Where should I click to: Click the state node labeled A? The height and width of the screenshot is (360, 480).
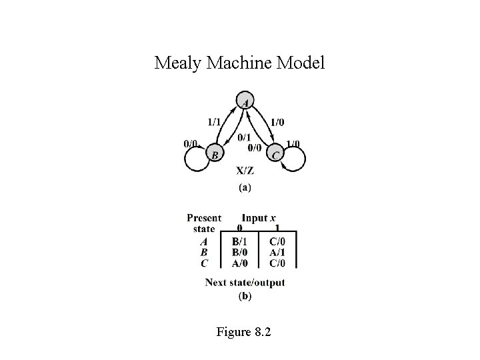pyautogui.click(x=245, y=103)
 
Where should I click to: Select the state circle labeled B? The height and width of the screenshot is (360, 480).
pyautogui.click(x=215, y=155)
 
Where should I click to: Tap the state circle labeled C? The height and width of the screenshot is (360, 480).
pyautogui.click(x=275, y=155)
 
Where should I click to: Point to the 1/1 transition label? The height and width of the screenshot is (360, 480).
pyautogui.click(x=215, y=122)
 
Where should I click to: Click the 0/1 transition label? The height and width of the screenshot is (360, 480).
pyautogui.click(x=244, y=138)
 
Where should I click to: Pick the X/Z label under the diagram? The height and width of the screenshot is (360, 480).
pyautogui.click(x=245, y=171)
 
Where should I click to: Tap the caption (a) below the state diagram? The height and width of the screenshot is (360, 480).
pyautogui.click(x=245, y=188)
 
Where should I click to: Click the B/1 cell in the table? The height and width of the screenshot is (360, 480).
pyautogui.click(x=241, y=241)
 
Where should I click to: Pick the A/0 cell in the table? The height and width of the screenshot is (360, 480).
pyautogui.click(x=241, y=263)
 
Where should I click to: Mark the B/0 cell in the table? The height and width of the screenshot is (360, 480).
pyautogui.click(x=241, y=253)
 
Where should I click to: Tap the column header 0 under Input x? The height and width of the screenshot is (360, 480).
pyautogui.click(x=239, y=229)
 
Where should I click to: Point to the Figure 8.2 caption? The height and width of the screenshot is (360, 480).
pyautogui.click(x=244, y=331)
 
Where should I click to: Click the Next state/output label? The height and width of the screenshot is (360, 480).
pyautogui.click(x=245, y=283)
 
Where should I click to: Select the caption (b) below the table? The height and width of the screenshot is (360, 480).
pyautogui.click(x=245, y=297)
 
